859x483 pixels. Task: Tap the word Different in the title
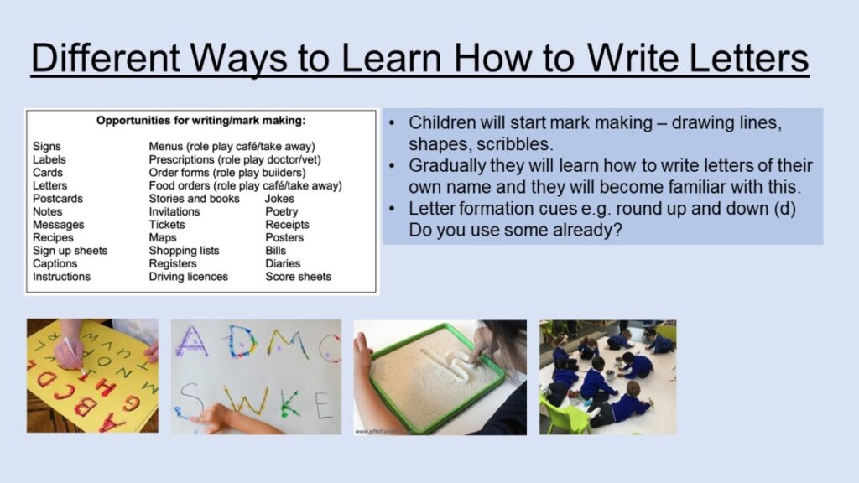coord(105,58)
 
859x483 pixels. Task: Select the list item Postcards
coord(58,198)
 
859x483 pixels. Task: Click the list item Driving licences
coord(189,277)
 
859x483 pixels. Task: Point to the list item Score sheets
coord(299,277)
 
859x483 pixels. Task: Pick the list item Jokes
coord(280,198)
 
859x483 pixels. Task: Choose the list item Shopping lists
coord(184,250)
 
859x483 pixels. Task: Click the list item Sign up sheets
coord(70,250)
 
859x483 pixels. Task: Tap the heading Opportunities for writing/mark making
coord(201,121)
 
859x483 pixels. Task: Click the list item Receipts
coord(288,225)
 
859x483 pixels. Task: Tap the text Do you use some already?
coord(516,230)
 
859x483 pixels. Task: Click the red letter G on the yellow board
coord(131,403)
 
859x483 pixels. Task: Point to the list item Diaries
coord(284,263)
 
